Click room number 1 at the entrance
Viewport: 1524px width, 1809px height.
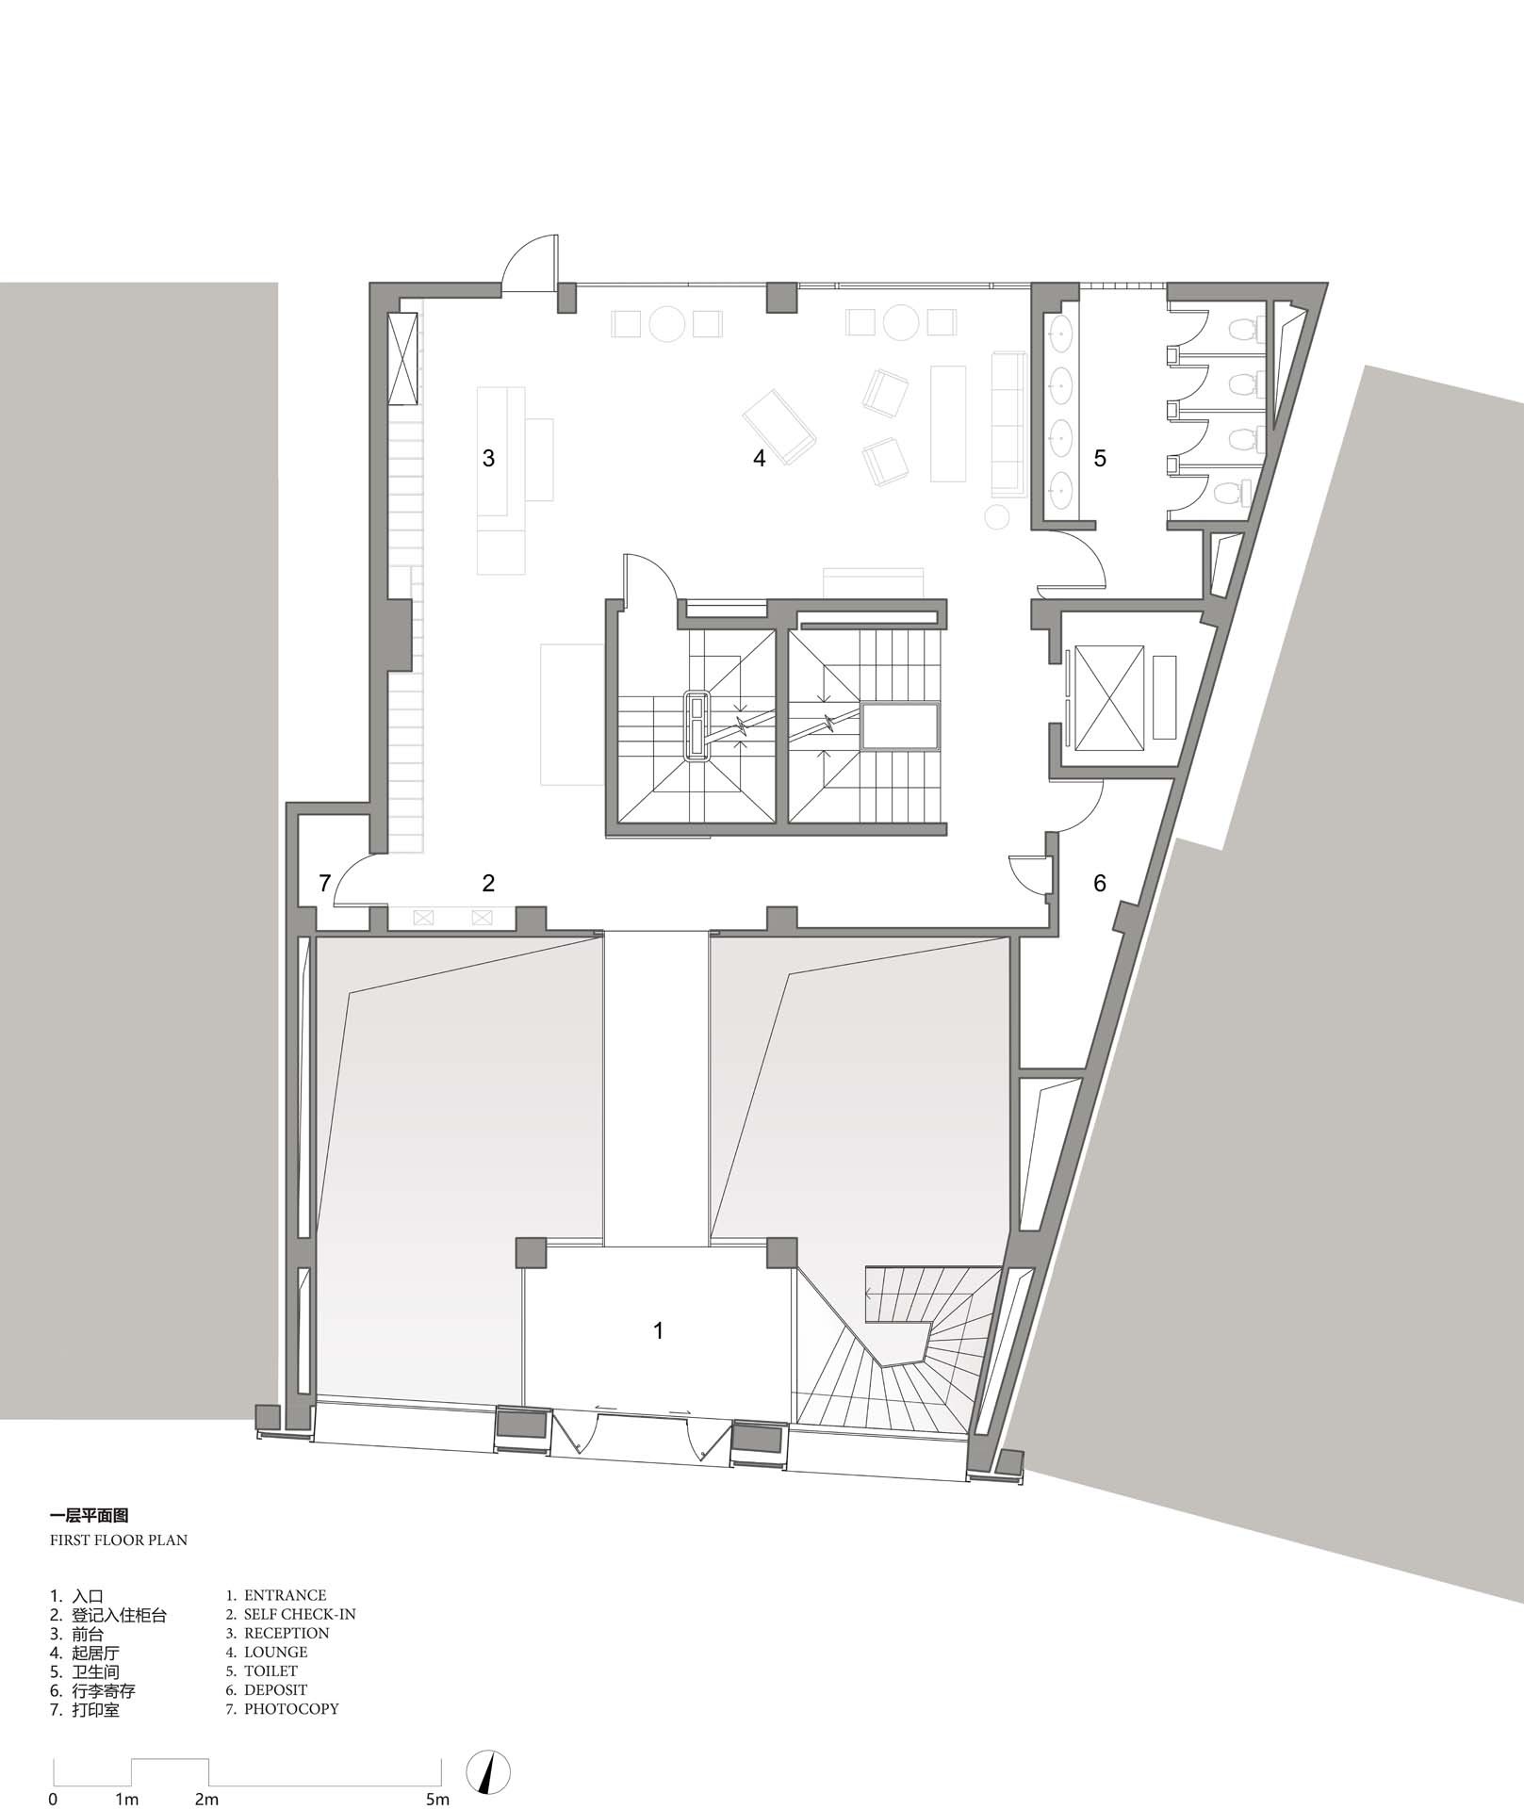point(658,1330)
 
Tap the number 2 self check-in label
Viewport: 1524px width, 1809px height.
point(488,883)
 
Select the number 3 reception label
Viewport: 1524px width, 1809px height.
point(488,458)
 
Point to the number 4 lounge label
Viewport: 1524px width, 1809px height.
point(759,458)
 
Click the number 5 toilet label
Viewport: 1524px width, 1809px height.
point(1099,458)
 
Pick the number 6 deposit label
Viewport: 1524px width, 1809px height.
point(1099,883)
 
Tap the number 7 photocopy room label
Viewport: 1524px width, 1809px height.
point(324,883)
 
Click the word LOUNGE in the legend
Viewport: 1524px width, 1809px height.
point(275,1652)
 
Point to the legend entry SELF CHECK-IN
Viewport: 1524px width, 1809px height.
point(300,1614)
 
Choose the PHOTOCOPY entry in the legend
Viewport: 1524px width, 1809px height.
point(291,1708)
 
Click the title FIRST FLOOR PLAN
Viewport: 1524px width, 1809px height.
point(118,1540)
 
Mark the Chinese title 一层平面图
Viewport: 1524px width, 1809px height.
point(89,1516)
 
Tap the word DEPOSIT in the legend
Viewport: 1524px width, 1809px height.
point(275,1689)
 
